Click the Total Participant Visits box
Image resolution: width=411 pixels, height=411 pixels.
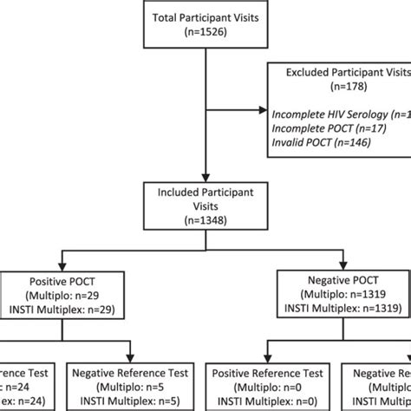[204, 26]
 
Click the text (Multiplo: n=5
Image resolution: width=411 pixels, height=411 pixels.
[134, 388]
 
